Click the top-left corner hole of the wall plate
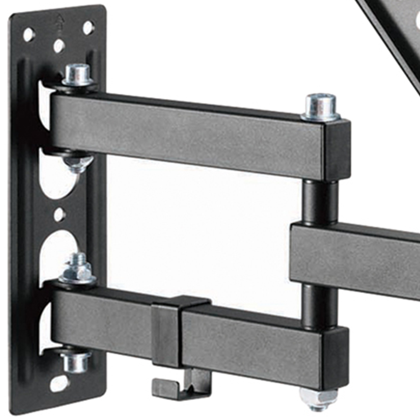[29, 34]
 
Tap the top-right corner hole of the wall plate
[88, 28]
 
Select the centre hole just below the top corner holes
[59, 45]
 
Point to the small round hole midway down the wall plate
[60, 215]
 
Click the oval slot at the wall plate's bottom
[59, 383]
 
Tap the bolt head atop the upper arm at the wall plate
[78, 75]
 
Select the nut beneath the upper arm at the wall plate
[79, 163]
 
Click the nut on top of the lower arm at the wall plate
[77, 269]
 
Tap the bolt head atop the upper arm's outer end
[320, 107]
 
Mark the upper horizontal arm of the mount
[189, 134]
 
